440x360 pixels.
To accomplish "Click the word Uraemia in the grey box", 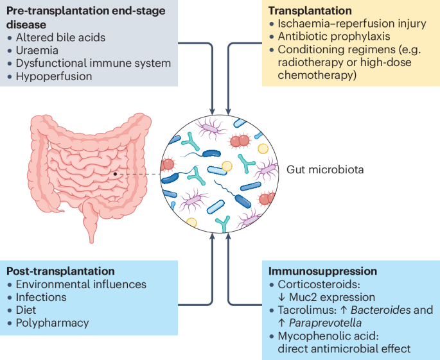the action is pyautogui.click(x=37, y=51).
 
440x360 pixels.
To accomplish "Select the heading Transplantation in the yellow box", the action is pyautogui.click(x=310, y=11).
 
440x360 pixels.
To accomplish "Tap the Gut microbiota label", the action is pyautogui.click(x=325, y=169).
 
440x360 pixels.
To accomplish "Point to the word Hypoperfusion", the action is pyautogui.click(x=54, y=76).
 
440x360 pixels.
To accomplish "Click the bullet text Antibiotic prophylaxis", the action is pyautogui.click(x=334, y=37).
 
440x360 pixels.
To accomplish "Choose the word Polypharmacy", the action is pyautogui.click(x=52, y=323).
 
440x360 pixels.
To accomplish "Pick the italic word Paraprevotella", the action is pyautogui.click(x=325, y=323).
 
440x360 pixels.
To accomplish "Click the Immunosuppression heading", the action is pyautogui.click(x=322, y=271).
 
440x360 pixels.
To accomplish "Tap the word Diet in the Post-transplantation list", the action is pyautogui.click(x=26, y=310).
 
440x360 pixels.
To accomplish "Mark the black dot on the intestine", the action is pyautogui.click(x=115, y=174).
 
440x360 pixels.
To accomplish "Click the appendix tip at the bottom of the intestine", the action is pyautogui.click(x=91, y=241).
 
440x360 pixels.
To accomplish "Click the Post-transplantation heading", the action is pyautogui.click(x=60, y=271).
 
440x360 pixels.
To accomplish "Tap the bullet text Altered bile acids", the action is pyautogui.click(x=60, y=38).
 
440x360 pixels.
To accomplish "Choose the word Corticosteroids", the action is pyautogui.click(x=319, y=284).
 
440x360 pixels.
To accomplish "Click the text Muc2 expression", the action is pyautogui.click(x=332, y=297).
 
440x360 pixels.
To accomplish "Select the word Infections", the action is pyautogui.click(x=41, y=297).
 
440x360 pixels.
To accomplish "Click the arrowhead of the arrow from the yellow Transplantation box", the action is pyautogui.click(x=229, y=112).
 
